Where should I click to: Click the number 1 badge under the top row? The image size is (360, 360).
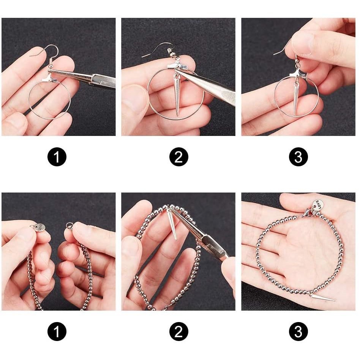57,157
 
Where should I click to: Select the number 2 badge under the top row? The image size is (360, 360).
178,157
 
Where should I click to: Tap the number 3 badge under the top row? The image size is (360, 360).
298,157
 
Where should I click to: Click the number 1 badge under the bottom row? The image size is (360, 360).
57,332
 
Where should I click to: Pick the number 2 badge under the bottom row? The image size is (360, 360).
178,332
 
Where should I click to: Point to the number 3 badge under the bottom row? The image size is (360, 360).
298,332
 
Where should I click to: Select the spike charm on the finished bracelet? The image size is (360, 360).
321,298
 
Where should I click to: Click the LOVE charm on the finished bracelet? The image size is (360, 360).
318,204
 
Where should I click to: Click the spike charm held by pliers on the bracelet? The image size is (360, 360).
172,224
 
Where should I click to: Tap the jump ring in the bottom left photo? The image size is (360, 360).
69,225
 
